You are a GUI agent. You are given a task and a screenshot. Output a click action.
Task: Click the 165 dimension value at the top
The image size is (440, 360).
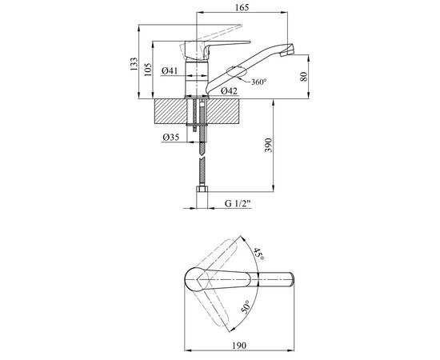[242, 7]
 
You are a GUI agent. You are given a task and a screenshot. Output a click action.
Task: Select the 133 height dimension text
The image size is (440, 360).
[134, 64]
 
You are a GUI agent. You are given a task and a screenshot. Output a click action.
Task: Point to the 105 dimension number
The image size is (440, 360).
[147, 70]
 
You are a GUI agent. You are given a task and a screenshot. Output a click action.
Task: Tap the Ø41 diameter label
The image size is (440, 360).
[170, 70]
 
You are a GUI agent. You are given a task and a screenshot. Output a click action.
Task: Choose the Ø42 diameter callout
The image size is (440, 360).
[229, 90]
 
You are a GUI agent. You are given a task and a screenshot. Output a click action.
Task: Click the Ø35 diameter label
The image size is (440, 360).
[170, 138]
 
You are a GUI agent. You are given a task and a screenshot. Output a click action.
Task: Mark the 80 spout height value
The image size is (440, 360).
[304, 77]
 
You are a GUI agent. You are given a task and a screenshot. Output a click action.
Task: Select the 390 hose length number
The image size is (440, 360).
[269, 145]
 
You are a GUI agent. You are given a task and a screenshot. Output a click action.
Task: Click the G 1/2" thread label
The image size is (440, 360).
[238, 203]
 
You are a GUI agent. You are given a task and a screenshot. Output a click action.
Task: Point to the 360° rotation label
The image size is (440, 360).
[258, 82]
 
